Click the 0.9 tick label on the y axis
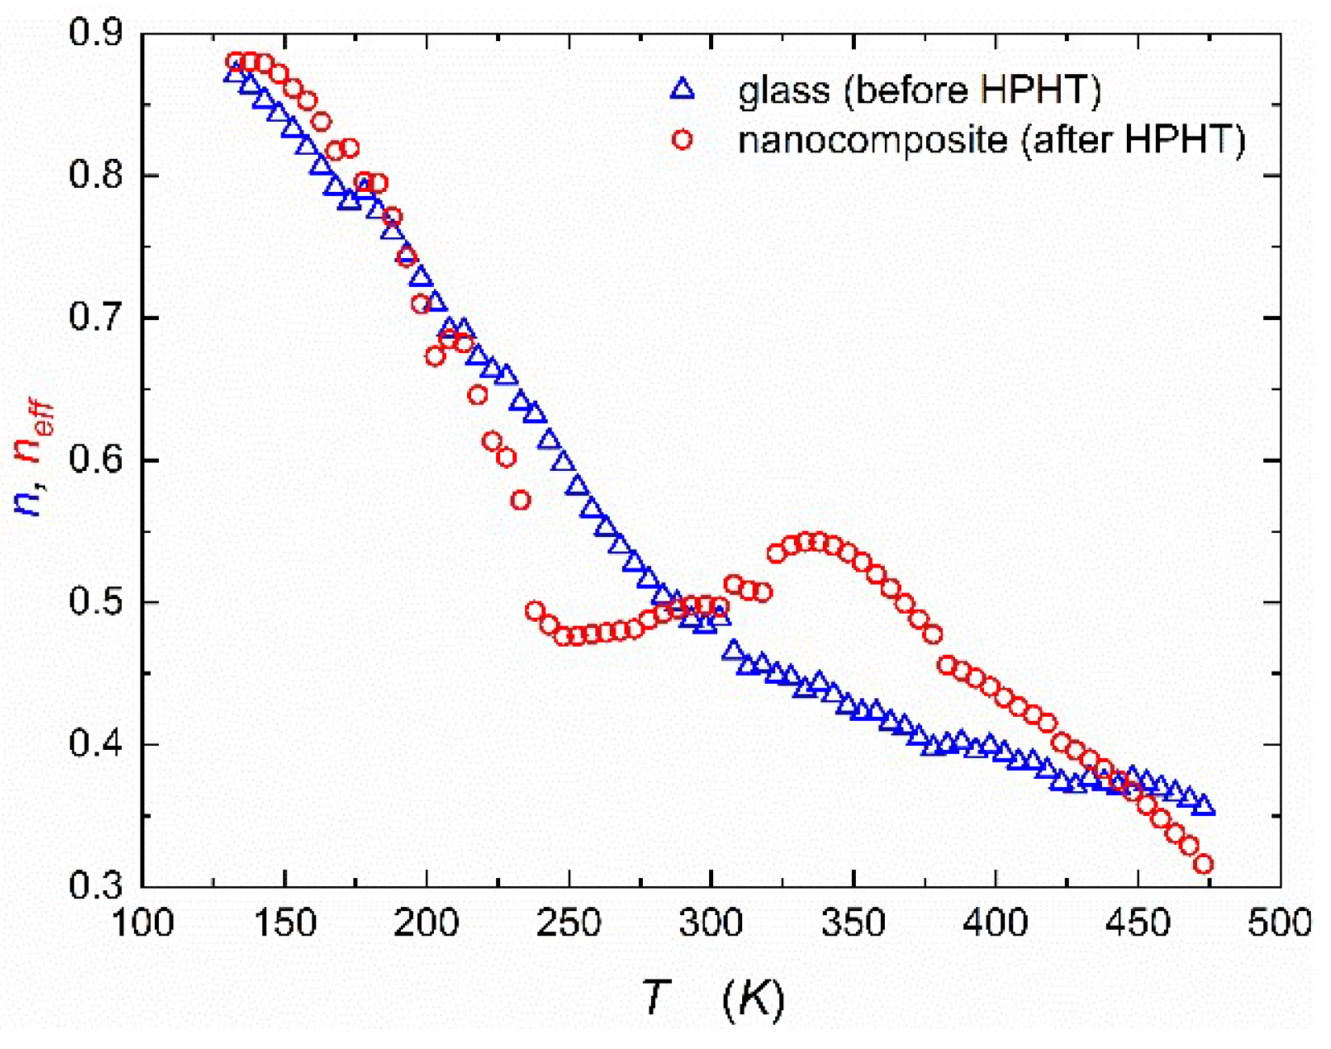click(x=94, y=33)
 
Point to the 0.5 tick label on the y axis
click(x=94, y=602)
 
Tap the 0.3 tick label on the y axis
click(x=94, y=885)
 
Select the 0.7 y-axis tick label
click(x=94, y=318)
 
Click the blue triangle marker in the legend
click(x=682, y=89)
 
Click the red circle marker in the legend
click(x=682, y=139)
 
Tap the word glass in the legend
click(x=783, y=90)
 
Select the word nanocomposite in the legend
click(x=872, y=141)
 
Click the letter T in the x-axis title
click(x=656, y=997)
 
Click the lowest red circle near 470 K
click(x=1203, y=864)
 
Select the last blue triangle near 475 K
click(x=1204, y=805)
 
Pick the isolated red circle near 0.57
click(x=520, y=500)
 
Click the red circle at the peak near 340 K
click(x=820, y=541)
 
